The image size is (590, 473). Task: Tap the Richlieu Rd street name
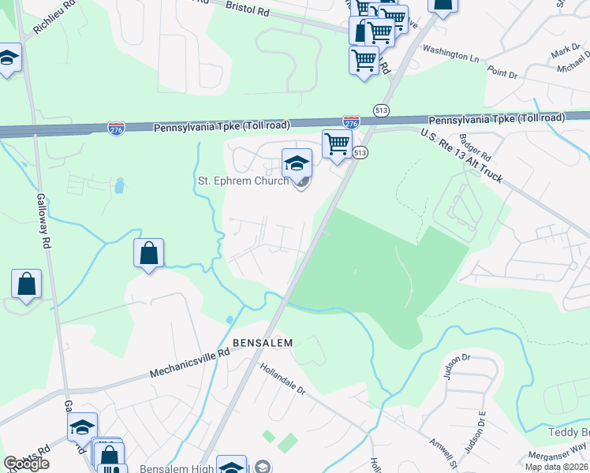pyautogui.click(x=54, y=17)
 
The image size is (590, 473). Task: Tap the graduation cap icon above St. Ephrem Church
pyautogui.click(x=297, y=163)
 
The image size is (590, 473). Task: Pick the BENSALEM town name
pyautogui.click(x=263, y=343)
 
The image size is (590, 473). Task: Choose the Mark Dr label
pyautogui.click(x=565, y=51)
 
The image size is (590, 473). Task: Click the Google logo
pyautogui.click(x=26, y=464)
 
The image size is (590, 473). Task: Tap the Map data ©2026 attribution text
pyautogui.click(x=557, y=467)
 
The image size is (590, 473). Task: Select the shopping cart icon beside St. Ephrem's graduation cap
pyautogui.click(x=337, y=144)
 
